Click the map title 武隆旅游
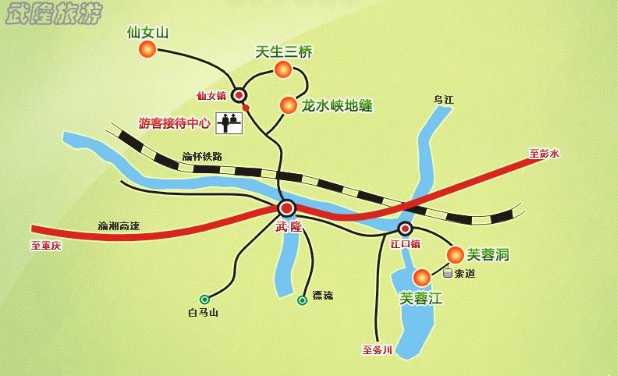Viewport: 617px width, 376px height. click(52, 14)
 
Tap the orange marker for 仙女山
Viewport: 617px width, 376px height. click(147, 50)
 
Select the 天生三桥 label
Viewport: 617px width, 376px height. click(284, 52)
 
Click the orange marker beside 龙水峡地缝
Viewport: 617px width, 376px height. click(289, 104)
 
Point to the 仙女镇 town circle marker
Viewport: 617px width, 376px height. click(239, 95)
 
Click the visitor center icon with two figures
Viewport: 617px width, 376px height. click(229, 122)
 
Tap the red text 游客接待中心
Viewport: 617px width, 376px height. click(174, 122)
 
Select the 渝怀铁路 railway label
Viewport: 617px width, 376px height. click(202, 156)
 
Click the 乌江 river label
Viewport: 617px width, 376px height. click(443, 99)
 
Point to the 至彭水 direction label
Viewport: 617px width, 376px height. click(544, 154)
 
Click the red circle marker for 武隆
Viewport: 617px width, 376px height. click(286, 208)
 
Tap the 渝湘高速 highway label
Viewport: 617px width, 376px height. click(119, 226)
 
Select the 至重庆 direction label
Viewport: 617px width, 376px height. click(45, 245)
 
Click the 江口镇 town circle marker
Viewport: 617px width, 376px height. click(405, 229)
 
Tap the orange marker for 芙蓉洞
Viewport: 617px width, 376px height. click(455, 254)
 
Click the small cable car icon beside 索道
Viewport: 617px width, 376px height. click(447, 273)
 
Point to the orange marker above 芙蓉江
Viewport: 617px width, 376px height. click(421, 277)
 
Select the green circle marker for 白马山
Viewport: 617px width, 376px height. click(204, 299)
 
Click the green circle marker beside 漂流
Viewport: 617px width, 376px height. click(302, 300)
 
